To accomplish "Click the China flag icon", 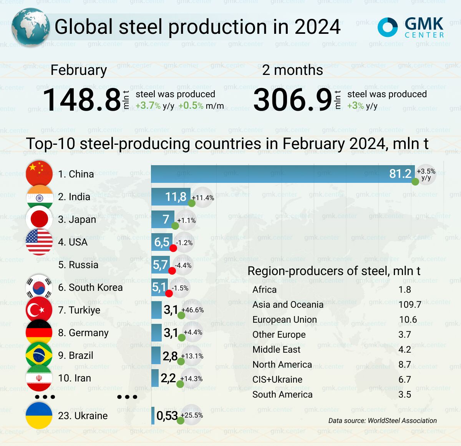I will point(39,174).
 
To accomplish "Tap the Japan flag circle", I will point(39,219).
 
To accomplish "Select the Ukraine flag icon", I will point(39,415).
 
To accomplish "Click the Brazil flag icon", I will point(39,355).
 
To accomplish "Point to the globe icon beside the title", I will point(31,27).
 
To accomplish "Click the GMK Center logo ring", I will point(387,27).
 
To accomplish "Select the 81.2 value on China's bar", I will point(400,174).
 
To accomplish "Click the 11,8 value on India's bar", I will point(176,197).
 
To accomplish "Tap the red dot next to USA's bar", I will point(173,248).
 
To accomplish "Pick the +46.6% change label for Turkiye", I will point(192,310).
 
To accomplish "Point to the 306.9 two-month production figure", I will point(293,100).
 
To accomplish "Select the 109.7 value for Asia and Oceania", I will point(410,305).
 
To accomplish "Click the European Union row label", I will point(284,320).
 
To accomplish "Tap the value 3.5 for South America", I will point(405,395).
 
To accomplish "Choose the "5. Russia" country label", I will point(78,265).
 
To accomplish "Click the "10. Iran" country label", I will point(75,378).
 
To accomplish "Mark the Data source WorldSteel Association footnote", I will point(382,421).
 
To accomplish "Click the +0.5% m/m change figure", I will point(201,106).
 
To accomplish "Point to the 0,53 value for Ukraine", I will point(167,415).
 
